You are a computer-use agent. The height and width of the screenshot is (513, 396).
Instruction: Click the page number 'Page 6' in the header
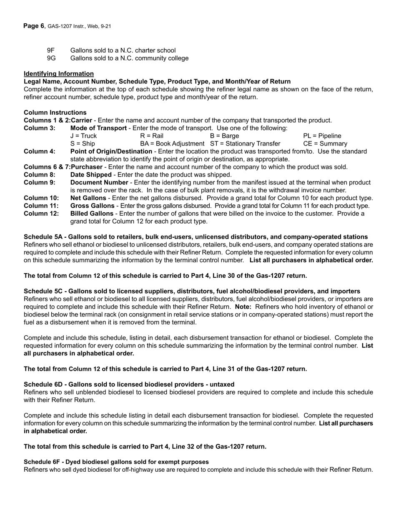(34, 26)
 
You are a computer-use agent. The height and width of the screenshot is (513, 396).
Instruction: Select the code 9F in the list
(51, 50)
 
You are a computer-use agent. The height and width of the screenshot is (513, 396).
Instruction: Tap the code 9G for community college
(51, 58)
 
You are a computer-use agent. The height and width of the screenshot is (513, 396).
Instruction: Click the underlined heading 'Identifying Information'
(59, 73)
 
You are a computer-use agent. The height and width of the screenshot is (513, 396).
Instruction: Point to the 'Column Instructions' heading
(55, 113)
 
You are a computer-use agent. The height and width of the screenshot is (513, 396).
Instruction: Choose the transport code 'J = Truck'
(83, 136)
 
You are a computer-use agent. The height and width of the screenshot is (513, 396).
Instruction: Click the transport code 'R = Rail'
(152, 136)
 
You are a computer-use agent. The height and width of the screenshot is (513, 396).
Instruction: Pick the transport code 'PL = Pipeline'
(322, 136)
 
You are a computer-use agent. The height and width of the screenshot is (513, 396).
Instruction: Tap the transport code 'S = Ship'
(83, 144)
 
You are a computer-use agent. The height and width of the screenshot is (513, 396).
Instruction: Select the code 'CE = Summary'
(325, 144)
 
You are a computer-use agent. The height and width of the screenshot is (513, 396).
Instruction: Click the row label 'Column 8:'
(40, 175)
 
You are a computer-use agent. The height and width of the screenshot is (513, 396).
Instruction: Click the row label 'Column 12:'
(41, 214)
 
